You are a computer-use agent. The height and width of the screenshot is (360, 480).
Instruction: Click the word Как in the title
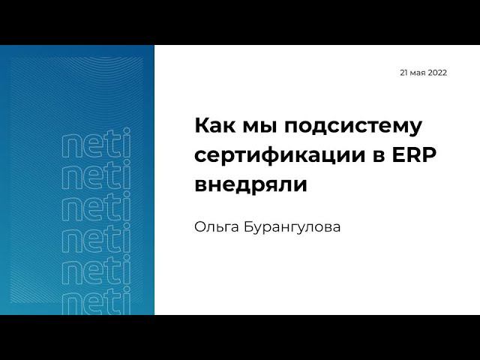[x=212, y=125]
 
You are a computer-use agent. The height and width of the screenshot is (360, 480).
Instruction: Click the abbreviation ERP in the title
[x=414, y=155]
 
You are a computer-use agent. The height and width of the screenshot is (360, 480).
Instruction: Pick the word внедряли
[x=250, y=184]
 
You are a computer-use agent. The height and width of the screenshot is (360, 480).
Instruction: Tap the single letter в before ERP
[x=377, y=156]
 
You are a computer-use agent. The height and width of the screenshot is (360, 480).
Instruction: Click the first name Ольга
[x=217, y=226]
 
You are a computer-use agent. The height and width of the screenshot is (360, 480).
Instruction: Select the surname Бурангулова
[x=292, y=226]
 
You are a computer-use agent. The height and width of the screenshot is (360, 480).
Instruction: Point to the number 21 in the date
[x=403, y=73]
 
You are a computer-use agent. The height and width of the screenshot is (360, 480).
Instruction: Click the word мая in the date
[x=418, y=73]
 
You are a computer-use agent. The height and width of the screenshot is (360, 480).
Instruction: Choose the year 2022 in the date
[x=437, y=73]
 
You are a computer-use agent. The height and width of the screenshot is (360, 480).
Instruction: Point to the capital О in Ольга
[x=200, y=226]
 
